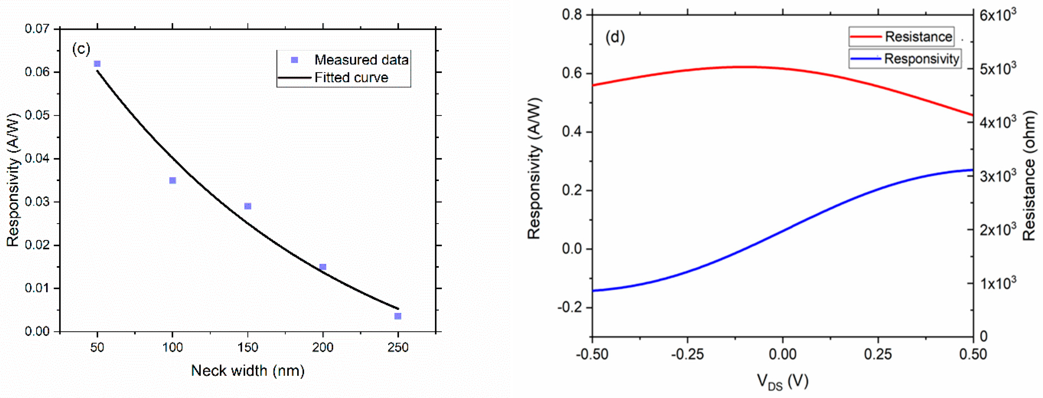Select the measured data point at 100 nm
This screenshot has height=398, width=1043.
point(172,180)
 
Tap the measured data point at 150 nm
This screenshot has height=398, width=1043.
point(248,206)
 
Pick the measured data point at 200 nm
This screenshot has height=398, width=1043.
point(323,267)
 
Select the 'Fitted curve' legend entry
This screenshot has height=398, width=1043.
point(351,77)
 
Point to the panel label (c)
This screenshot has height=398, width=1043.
point(81,49)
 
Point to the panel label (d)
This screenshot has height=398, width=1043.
point(615,37)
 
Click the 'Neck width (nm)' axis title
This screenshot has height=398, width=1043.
point(247,370)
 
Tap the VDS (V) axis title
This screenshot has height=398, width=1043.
point(782,381)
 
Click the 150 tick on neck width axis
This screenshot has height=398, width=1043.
point(247,347)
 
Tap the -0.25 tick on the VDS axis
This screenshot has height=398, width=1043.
point(687,354)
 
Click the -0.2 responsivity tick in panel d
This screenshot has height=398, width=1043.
point(569,307)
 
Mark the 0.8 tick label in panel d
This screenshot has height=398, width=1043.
point(572,15)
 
